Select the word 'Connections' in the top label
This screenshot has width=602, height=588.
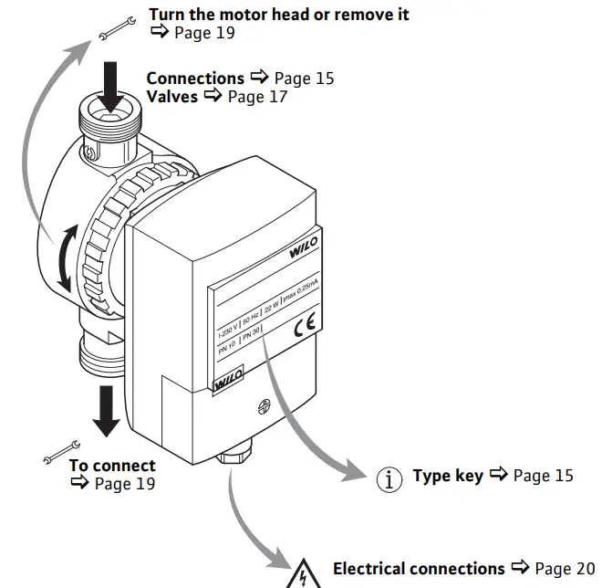click(x=195, y=79)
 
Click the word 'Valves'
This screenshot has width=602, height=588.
click(x=171, y=97)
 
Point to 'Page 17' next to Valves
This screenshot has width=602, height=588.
click(x=258, y=97)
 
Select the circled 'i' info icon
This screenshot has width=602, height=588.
click(x=389, y=478)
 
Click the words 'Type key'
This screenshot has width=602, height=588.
click(x=448, y=476)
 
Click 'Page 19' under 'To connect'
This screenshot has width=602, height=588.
click(x=125, y=484)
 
